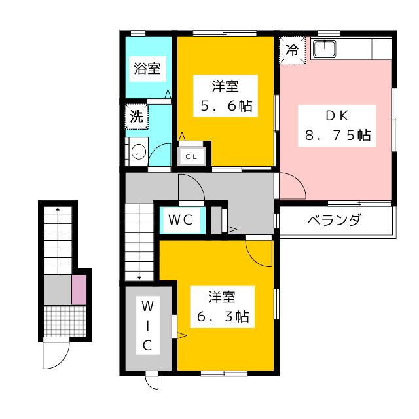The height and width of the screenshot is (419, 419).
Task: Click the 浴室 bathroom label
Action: (x=147, y=68)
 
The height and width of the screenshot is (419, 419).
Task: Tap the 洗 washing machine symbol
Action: (x=136, y=117)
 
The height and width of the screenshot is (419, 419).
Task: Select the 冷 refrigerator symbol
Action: (x=293, y=48)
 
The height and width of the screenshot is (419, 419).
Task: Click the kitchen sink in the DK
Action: (x=325, y=48)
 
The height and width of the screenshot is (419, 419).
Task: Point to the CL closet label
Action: (x=191, y=156)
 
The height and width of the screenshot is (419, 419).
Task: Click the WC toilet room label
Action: (x=179, y=220)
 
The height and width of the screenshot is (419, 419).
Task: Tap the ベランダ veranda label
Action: (x=334, y=220)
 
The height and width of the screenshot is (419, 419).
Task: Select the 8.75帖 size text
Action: (x=338, y=136)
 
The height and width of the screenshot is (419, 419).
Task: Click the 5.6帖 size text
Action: (x=226, y=106)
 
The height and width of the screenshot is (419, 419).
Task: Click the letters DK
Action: (x=337, y=115)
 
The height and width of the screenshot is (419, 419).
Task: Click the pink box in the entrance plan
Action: (x=78, y=289)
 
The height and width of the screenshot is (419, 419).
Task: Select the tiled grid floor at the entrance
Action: (x=65, y=321)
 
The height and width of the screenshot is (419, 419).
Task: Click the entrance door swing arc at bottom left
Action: (x=56, y=355)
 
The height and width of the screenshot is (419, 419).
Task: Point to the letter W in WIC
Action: (x=147, y=306)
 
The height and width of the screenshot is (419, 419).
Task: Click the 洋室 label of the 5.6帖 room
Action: (x=225, y=85)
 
